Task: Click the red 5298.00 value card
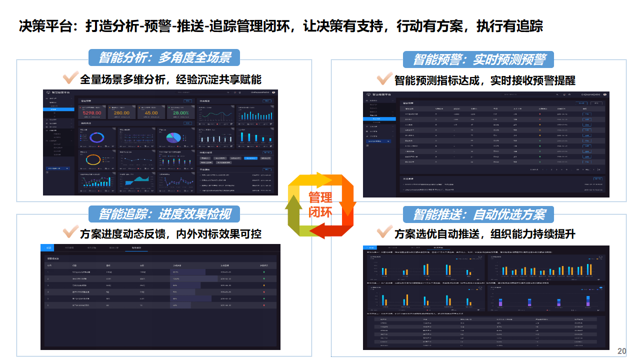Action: pos(91,113)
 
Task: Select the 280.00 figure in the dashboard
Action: pos(121,113)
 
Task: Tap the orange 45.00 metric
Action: pos(151,113)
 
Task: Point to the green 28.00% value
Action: pos(180,113)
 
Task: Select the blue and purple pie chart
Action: pos(173,137)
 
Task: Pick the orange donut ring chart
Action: pos(93,159)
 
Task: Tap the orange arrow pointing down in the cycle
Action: pos(348,195)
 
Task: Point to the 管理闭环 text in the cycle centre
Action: pos(320,204)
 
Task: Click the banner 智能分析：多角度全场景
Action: pos(164,57)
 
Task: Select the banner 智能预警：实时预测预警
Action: pos(478,59)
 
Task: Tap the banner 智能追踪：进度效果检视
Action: pos(164,214)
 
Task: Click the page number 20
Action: pos(622,351)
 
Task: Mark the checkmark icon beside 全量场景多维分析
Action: pos(69,78)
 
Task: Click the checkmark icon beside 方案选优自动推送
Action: pos(384,232)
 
